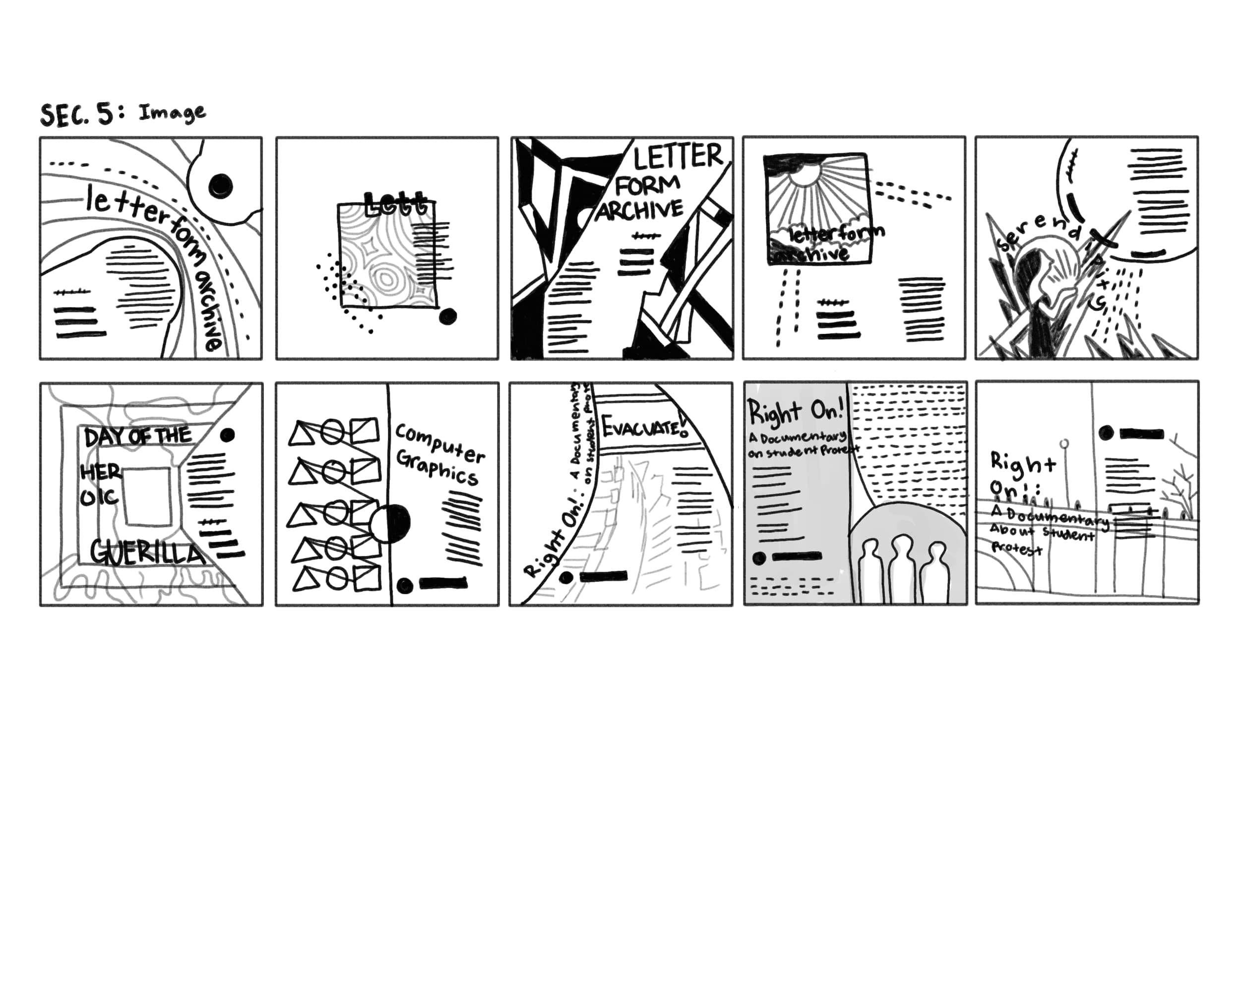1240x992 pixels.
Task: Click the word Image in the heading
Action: [x=172, y=112]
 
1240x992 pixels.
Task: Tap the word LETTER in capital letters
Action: [x=678, y=156]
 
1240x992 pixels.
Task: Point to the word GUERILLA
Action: [x=147, y=553]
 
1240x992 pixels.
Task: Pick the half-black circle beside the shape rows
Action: [x=390, y=523]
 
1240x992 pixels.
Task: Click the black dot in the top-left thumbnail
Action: [x=220, y=185]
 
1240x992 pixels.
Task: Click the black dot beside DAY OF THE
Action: [x=228, y=435]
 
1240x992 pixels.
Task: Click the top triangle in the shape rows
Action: [x=300, y=434]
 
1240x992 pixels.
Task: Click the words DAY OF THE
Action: [x=137, y=437]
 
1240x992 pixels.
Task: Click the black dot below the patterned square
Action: [x=447, y=316]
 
